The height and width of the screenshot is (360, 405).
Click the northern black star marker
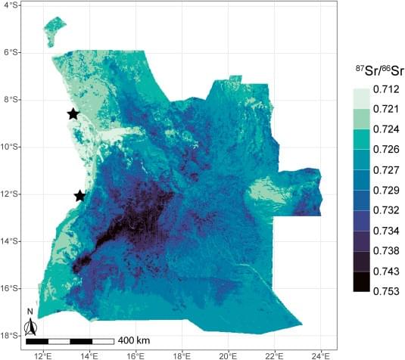pos(73,114)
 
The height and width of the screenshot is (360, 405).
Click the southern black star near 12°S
pos(80,196)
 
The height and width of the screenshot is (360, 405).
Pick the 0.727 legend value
pos(385,169)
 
